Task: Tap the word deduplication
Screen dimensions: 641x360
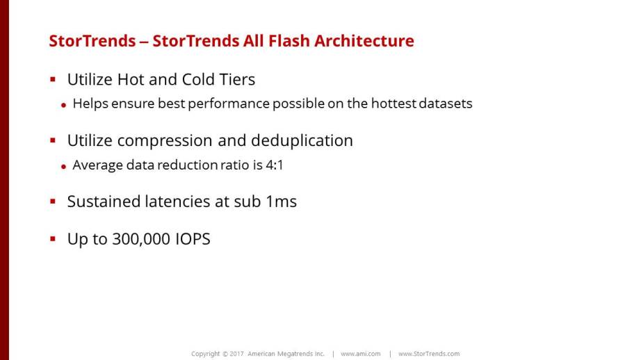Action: coord(302,141)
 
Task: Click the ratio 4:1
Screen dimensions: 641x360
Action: coord(275,165)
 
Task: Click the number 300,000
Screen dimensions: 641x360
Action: coord(141,239)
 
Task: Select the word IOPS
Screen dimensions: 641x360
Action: coord(193,239)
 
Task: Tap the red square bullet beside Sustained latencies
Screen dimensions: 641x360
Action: coord(53,201)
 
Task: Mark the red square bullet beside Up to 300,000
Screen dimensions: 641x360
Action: coord(53,238)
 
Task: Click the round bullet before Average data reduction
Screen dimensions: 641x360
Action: coord(63,166)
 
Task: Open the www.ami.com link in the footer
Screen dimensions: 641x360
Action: coord(361,354)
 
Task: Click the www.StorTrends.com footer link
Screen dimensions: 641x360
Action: coord(429,354)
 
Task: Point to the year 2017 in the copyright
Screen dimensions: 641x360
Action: coord(236,354)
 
